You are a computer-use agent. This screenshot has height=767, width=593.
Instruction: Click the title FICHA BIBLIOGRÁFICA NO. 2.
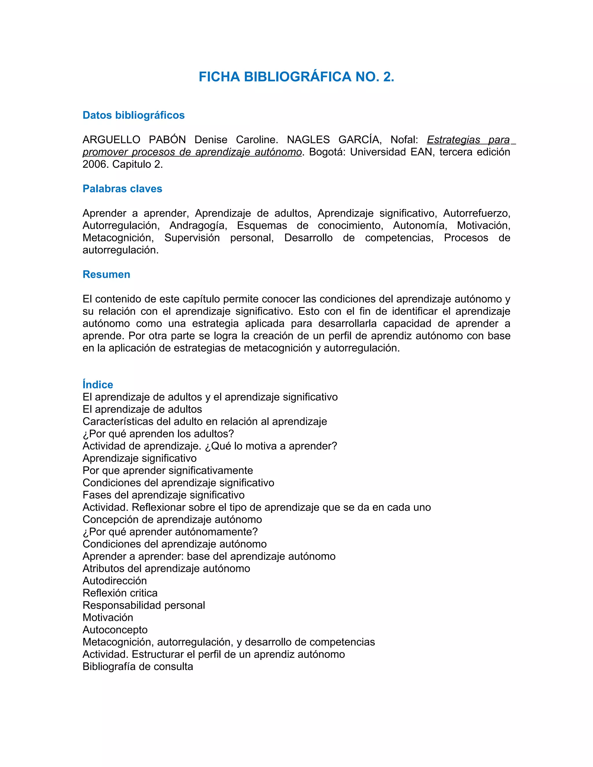click(296, 77)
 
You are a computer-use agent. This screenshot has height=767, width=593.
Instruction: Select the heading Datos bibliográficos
click(133, 115)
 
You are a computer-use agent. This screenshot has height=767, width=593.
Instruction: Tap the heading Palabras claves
click(122, 189)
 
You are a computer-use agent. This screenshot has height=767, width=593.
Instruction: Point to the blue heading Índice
click(98, 385)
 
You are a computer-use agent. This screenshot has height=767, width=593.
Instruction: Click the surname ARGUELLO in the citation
click(111, 140)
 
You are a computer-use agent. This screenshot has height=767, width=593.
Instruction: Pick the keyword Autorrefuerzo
click(476, 213)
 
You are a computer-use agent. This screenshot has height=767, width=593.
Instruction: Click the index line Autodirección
click(115, 581)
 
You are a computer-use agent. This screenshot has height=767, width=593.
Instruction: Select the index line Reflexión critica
click(120, 593)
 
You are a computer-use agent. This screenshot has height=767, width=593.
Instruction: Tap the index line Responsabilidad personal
click(144, 605)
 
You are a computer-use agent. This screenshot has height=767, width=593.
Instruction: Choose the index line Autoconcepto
click(115, 630)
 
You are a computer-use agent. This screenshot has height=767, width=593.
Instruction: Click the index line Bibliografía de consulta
click(138, 667)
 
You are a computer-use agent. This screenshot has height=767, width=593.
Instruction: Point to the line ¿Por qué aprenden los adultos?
click(158, 434)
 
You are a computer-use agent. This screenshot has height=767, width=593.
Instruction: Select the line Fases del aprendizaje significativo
click(163, 495)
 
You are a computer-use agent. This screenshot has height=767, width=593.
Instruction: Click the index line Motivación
click(107, 617)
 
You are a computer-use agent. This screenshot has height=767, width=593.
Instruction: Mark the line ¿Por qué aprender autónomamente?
click(170, 532)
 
